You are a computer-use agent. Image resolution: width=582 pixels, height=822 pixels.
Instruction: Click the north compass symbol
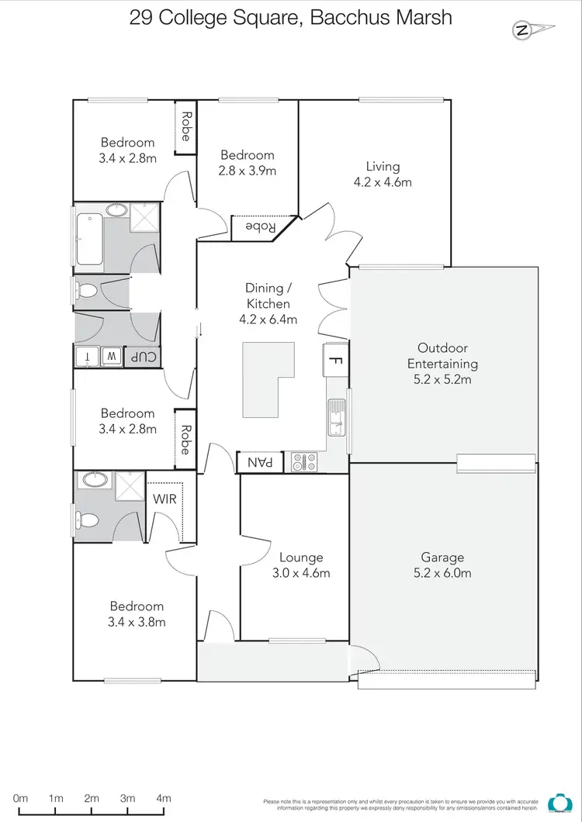point(524,31)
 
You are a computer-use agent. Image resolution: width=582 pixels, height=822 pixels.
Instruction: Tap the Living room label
point(383,166)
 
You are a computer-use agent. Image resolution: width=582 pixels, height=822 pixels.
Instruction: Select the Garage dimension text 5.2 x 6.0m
point(442,573)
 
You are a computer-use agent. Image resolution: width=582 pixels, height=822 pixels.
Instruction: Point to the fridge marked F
point(335,360)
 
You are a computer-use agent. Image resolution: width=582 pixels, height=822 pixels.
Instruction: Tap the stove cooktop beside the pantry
point(303,462)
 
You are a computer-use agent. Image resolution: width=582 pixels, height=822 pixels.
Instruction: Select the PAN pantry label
point(260,462)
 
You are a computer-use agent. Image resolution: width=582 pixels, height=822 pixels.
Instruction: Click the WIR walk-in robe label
point(165,499)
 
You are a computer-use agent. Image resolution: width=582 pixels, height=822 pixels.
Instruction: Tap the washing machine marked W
point(112,357)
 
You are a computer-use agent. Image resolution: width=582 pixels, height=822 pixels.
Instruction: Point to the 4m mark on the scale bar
point(164,798)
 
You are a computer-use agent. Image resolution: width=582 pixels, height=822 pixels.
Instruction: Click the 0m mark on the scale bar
point(21,798)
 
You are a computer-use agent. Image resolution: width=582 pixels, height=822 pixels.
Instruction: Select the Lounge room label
point(301,558)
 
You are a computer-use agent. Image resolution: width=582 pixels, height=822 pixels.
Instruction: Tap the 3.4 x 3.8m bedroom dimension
point(137,621)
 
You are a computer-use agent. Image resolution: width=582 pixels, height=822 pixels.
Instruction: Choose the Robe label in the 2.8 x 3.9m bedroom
point(262,227)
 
